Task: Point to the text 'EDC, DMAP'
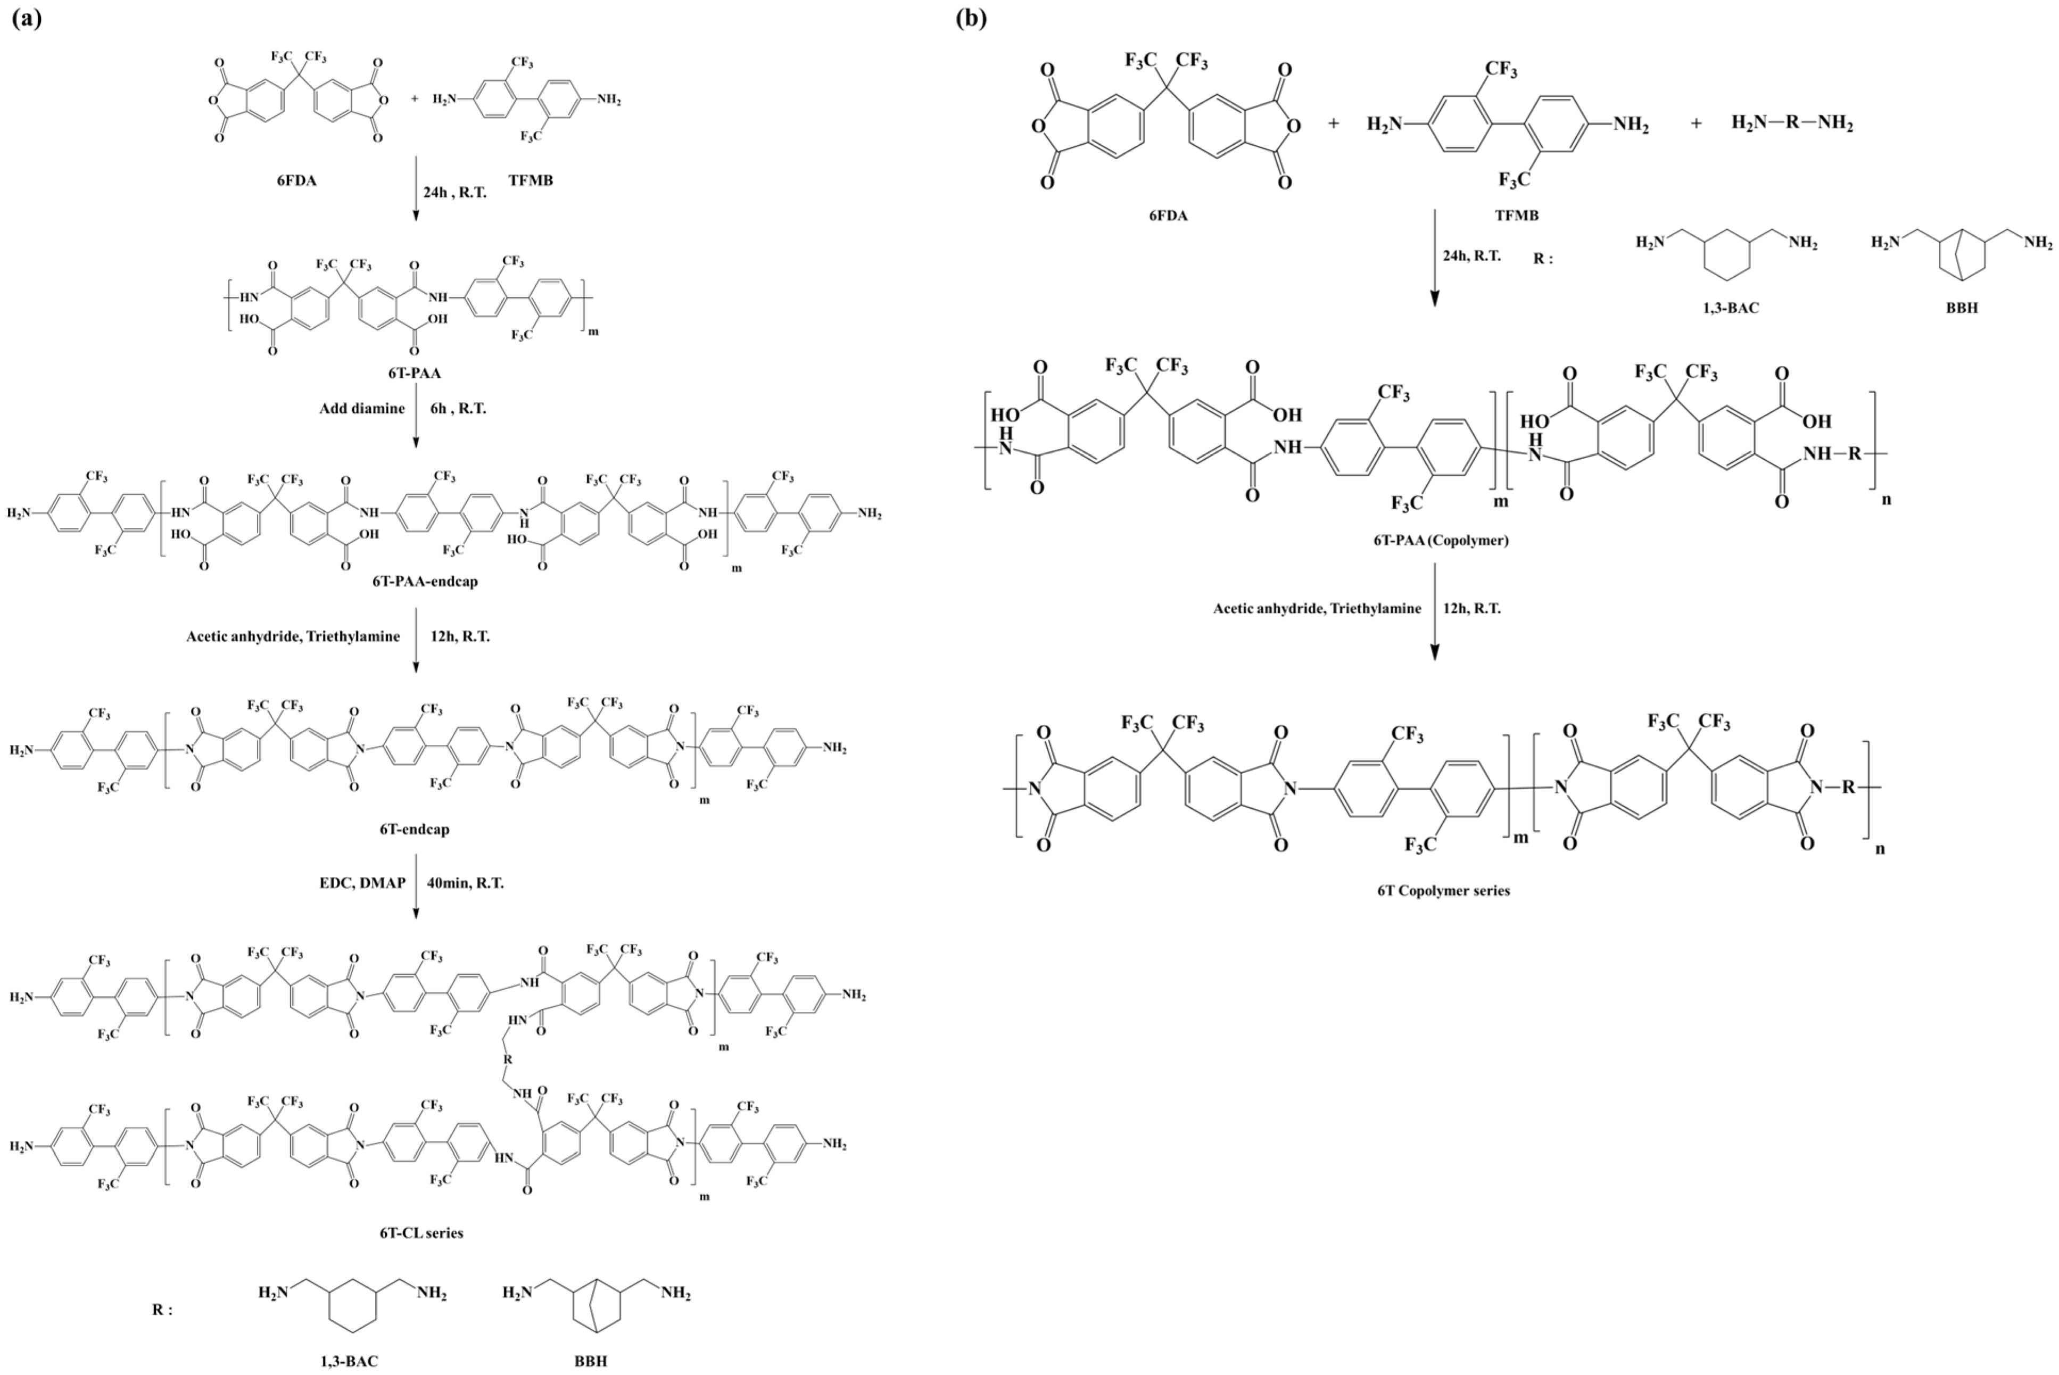(362, 883)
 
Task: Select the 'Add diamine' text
(362, 409)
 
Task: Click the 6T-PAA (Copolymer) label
(1441, 540)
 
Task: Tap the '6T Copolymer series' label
(1443, 890)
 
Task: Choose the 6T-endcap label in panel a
(414, 829)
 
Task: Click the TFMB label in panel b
(1517, 215)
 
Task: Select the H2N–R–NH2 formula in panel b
(1791, 123)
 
